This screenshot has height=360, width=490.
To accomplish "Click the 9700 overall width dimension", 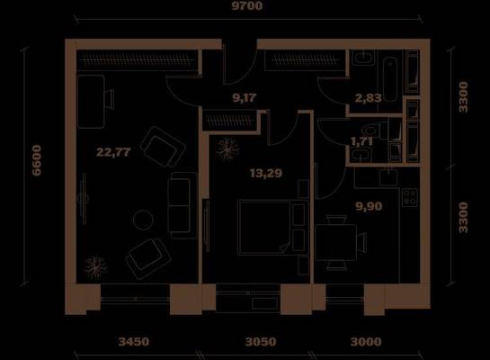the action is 247,5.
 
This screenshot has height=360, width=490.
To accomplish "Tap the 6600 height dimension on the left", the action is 37,160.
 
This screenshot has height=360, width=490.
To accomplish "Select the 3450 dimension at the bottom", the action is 134,341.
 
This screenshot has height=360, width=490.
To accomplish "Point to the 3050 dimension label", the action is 261,341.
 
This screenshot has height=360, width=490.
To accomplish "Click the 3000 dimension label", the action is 366,341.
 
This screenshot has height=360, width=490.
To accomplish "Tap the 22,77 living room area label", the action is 113,152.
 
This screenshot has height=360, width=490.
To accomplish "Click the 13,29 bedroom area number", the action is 266,173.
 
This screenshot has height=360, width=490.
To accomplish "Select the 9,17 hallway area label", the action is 245,98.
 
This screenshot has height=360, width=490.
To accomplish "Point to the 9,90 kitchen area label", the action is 369,206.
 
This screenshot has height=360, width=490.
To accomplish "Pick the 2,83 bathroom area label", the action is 368,98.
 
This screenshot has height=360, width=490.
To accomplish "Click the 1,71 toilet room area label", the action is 361,141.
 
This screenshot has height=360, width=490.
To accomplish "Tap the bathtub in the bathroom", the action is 390,79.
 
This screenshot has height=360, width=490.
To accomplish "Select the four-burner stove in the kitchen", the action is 410,197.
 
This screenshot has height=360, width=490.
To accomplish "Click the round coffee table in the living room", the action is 143,220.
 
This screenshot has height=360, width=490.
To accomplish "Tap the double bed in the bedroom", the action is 265,228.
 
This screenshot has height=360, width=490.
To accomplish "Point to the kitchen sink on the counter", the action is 388,177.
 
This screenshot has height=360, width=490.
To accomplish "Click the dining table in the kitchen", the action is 335,242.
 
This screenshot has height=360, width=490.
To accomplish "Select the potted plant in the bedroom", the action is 227,149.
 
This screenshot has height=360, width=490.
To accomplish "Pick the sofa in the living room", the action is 183,205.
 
